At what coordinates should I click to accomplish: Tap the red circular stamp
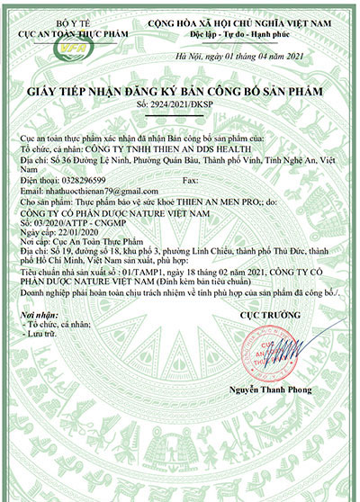261,341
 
